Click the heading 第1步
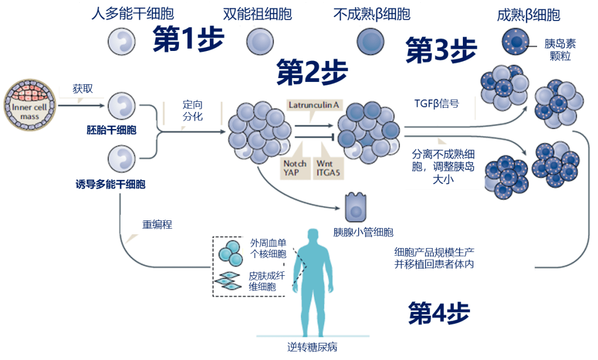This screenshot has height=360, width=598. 188,40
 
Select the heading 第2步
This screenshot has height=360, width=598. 312,72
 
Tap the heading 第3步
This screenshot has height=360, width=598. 441,50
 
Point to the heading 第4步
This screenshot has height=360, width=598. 439,313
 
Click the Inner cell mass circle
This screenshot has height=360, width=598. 29,105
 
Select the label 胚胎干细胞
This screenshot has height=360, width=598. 111,131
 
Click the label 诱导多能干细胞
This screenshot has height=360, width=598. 110,184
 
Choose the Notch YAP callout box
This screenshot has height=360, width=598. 295,168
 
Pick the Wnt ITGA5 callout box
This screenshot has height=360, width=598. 327,168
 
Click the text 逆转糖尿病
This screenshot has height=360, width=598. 313,347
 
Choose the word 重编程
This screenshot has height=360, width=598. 157,225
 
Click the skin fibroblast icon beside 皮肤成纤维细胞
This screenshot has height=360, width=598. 228,281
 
